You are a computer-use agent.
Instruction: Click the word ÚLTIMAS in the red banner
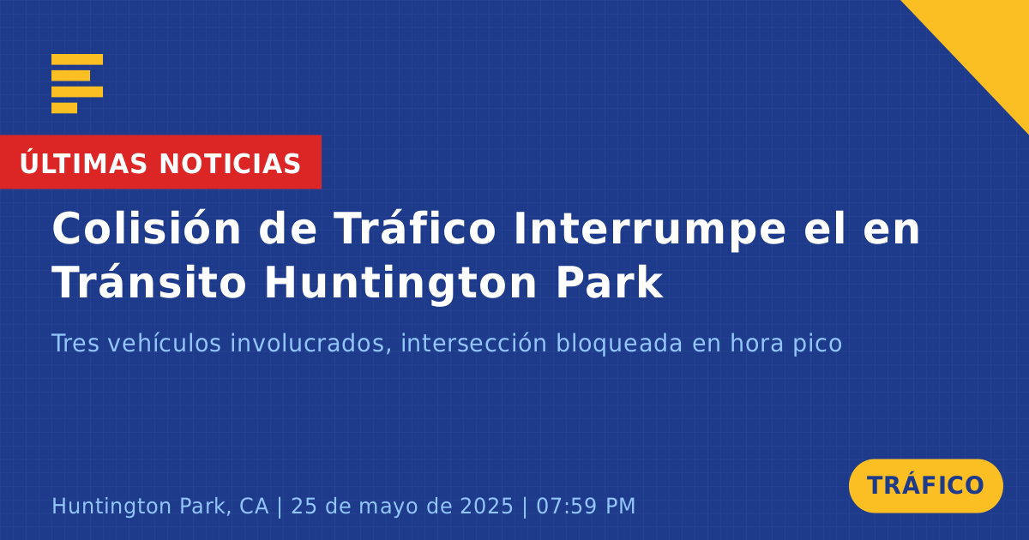[x=83, y=163]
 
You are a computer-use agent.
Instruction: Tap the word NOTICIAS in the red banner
[x=230, y=164]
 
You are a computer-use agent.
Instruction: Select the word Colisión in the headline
[x=147, y=228]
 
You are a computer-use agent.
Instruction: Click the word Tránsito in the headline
[x=149, y=282]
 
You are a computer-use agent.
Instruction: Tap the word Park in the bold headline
[x=610, y=282]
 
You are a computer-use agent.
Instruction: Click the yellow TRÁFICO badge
[x=925, y=485]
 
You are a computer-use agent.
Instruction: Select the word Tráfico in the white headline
[x=415, y=228]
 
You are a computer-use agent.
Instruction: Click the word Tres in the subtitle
[x=75, y=343]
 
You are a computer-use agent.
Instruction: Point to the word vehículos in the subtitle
[x=165, y=343]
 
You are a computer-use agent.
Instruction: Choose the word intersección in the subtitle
[x=474, y=343]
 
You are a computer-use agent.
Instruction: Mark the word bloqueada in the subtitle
[x=619, y=344]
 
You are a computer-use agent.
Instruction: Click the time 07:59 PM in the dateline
[x=587, y=506]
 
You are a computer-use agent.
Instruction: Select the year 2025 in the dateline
[x=486, y=506]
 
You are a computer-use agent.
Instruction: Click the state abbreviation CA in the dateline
[x=254, y=506]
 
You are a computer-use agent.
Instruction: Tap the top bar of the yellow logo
[x=77, y=59]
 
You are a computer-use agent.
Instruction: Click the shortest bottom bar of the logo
[x=64, y=108]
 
